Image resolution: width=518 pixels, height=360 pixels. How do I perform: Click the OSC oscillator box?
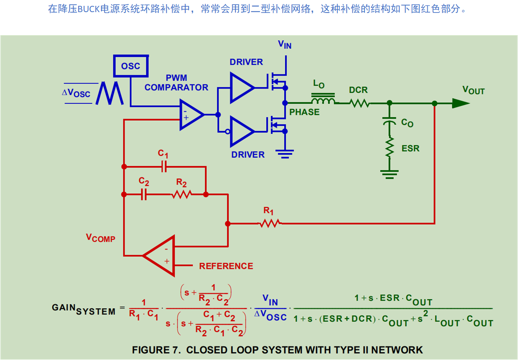(130, 66)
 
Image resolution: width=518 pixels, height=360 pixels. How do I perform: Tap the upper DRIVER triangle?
(240, 87)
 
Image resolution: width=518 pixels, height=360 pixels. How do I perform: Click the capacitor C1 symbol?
(164, 167)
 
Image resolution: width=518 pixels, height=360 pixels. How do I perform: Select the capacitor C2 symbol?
(144, 194)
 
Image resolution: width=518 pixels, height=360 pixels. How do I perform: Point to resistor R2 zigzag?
(181, 194)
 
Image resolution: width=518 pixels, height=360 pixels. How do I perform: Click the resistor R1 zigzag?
(269, 224)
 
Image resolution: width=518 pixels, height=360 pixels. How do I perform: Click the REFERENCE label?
(226, 266)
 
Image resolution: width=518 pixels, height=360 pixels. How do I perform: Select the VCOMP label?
(100, 238)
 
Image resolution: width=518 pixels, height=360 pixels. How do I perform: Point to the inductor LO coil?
(323, 100)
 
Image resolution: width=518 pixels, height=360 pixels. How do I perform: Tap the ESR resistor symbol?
(390, 148)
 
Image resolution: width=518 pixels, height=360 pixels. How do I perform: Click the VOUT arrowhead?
(460, 103)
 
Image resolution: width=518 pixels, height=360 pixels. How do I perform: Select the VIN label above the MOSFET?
(285, 44)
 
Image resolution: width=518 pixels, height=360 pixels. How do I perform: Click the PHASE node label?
(304, 112)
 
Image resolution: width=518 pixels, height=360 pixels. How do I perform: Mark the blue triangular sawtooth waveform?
(110, 93)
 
